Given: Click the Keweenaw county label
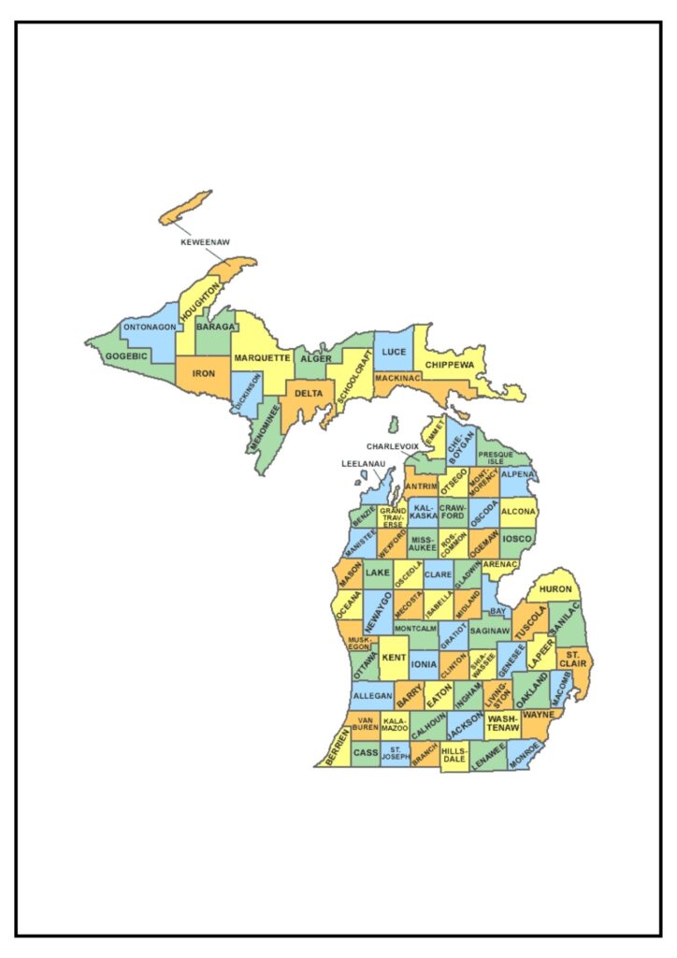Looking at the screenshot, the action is (205, 241).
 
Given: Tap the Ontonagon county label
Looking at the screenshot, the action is (150, 327).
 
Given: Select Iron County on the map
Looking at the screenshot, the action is (203, 373).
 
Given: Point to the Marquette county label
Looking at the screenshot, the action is (262, 358).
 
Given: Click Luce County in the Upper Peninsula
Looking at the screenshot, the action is (394, 352).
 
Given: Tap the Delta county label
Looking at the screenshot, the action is (309, 393).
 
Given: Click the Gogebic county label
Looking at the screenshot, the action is (125, 356).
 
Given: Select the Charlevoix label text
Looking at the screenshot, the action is (393, 446).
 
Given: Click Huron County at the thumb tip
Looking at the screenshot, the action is (555, 589).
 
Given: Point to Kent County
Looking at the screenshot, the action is (393, 658).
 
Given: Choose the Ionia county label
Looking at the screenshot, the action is (424, 664).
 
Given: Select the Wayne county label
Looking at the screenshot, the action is (539, 715).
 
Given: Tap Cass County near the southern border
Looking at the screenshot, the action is (366, 752).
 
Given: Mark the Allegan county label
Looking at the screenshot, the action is (370, 698).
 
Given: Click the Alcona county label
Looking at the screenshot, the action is (519, 512).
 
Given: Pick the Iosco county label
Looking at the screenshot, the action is (517, 539).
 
